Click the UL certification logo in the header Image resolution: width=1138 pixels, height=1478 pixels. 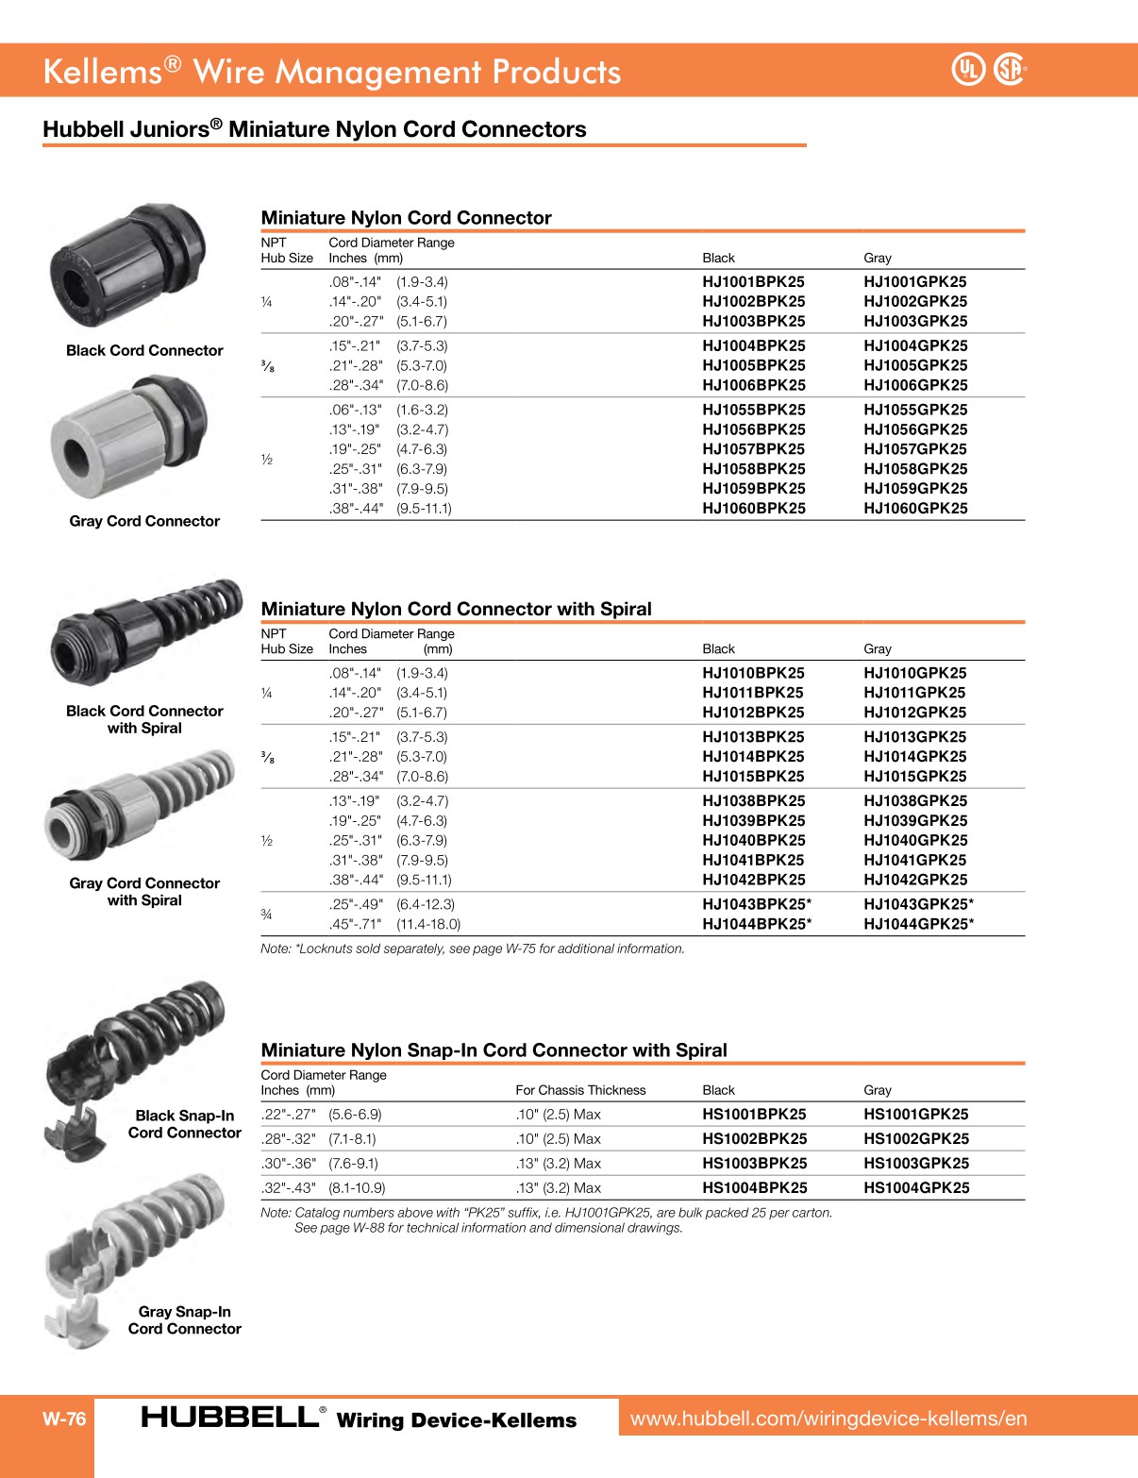967,69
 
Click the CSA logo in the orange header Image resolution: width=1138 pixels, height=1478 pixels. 1010,69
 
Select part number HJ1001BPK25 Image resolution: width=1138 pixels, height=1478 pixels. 753,281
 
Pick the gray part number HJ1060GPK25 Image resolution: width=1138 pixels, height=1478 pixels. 915,508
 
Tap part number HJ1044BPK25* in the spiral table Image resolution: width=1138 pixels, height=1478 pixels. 757,924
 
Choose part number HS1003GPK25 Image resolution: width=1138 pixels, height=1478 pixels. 916,1164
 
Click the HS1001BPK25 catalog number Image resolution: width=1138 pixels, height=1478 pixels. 754,1115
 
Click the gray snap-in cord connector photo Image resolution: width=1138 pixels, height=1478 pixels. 137,1246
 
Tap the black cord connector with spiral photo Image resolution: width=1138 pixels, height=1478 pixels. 146,632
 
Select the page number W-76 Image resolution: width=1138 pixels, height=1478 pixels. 64,1419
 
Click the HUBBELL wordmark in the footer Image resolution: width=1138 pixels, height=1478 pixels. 229,1417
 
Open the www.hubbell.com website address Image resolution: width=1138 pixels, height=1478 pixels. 828,1419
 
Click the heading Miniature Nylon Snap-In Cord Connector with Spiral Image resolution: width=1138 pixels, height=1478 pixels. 494,1050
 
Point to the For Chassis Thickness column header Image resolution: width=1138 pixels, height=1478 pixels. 580,1090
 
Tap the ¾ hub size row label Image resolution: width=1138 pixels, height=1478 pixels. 266,914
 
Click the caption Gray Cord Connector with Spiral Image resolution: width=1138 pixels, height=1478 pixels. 144,892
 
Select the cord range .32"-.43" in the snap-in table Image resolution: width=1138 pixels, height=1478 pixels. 290,1188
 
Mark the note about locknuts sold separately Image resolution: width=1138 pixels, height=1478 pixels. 472,949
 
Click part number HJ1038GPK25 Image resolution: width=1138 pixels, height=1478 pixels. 915,801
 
